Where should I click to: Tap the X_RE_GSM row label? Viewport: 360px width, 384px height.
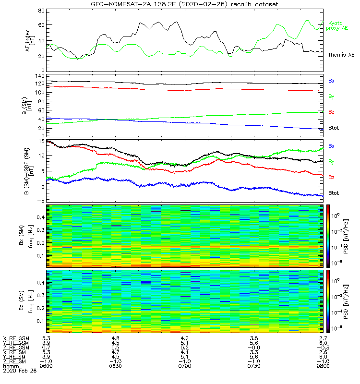click(x=16, y=338)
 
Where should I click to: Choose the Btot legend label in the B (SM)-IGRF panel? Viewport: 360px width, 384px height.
click(x=334, y=193)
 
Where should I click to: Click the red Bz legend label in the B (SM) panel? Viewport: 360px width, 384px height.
click(x=331, y=112)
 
